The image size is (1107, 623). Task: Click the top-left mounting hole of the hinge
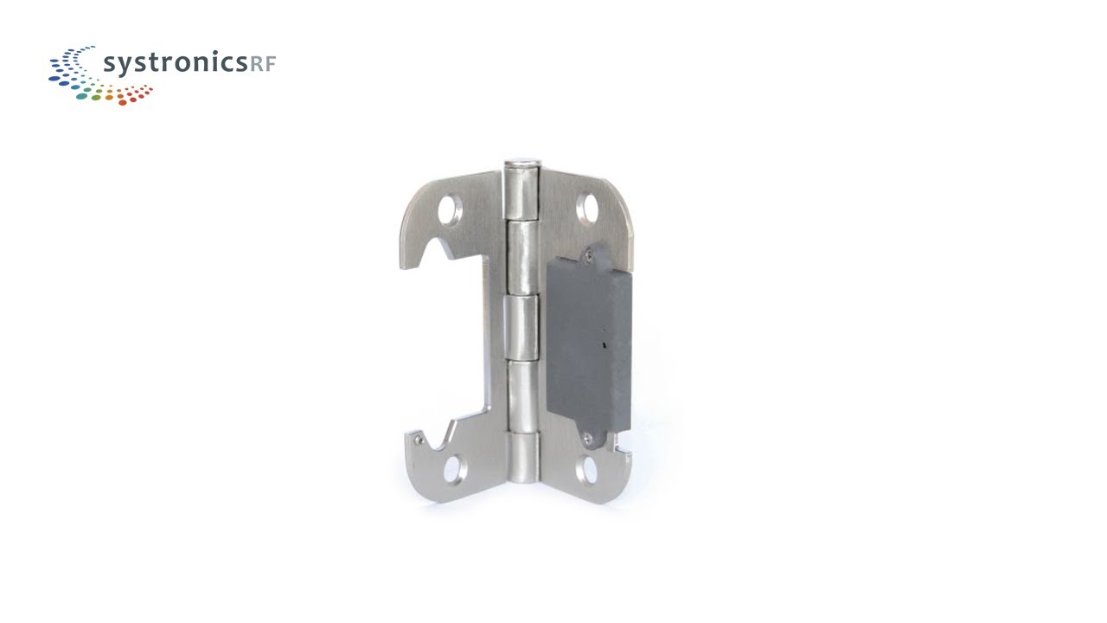pyautogui.click(x=450, y=208)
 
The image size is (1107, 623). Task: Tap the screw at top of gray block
pyautogui.click(x=588, y=254)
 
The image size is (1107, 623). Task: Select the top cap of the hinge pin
pyautogui.click(x=522, y=162)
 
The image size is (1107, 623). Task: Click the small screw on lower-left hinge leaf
pyautogui.click(x=418, y=440)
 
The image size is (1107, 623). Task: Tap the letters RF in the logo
pyautogui.click(x=262, y=64)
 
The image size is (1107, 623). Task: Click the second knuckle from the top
pyautogui.click(x=522, y=255)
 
